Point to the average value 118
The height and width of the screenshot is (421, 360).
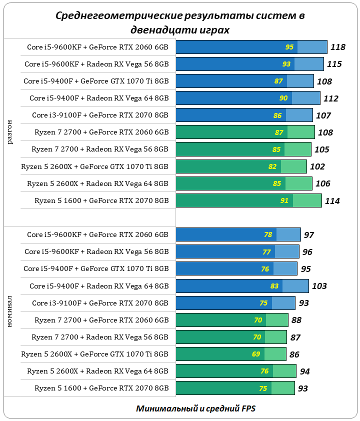coord(338,47)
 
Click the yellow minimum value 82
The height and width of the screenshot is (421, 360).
coord(272,166)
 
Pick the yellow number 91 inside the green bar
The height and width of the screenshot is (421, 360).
coord(284,200)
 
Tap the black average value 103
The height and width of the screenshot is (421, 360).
coord(319,286)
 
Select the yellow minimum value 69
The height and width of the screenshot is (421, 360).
coord(256,354)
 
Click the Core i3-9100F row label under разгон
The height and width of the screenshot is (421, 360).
coord(100,115)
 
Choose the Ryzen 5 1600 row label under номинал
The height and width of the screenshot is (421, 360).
coord(101,388)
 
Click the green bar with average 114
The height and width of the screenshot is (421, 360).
coord(248,200)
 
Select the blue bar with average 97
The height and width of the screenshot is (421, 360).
coord(238,234)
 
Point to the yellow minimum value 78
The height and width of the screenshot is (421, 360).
coord(268,234)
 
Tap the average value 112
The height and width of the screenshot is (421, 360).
coord(331,98)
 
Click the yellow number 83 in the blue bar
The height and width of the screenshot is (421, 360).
coord(274,286)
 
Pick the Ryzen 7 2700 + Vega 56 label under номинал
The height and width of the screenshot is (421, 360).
coord(100,337)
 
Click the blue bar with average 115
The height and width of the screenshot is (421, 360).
coord(250,64)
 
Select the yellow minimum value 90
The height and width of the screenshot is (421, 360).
coord(283,98)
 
